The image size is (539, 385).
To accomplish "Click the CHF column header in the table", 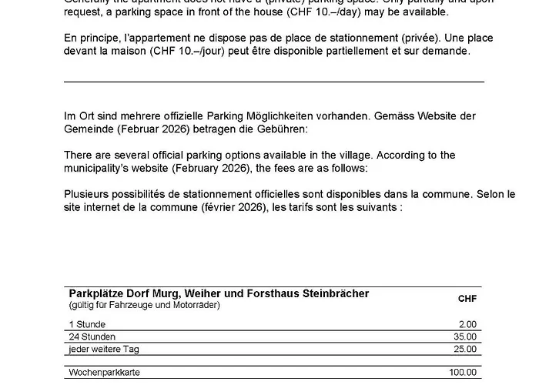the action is (x=467, y=299).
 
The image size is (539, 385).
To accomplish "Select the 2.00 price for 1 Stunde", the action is (x=467, y=324).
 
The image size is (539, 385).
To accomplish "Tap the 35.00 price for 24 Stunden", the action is (x=465, y=336).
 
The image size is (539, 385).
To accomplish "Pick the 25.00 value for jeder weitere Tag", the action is (x=465, y=349).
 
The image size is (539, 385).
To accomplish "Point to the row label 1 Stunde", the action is (x=87, y=324).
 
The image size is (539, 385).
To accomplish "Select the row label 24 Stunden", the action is (x=92, y=336).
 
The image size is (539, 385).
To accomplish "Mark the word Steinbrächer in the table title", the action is (x=332, y=293).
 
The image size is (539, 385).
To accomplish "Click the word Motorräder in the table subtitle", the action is (x=197, y=305).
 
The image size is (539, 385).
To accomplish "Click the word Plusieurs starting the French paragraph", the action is (x=87, y=193).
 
